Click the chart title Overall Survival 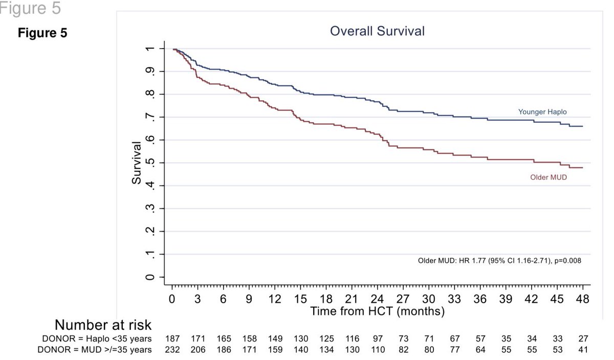click(377, 31)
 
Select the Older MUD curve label click(548, 177)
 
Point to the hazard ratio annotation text click(499, 260)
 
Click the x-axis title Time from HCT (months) click(378, 310)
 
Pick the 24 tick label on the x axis click(378, 300)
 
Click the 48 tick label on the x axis click(583, 300)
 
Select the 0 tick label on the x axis click(172, 300)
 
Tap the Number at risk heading click(103, 325)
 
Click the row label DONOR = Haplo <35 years click(97, 339)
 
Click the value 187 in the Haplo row click(172, 339)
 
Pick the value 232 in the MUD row click(172, 350)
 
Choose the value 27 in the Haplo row click(583, 339)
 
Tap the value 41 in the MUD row click(583, 350)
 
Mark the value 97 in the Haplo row click(378, 339)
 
